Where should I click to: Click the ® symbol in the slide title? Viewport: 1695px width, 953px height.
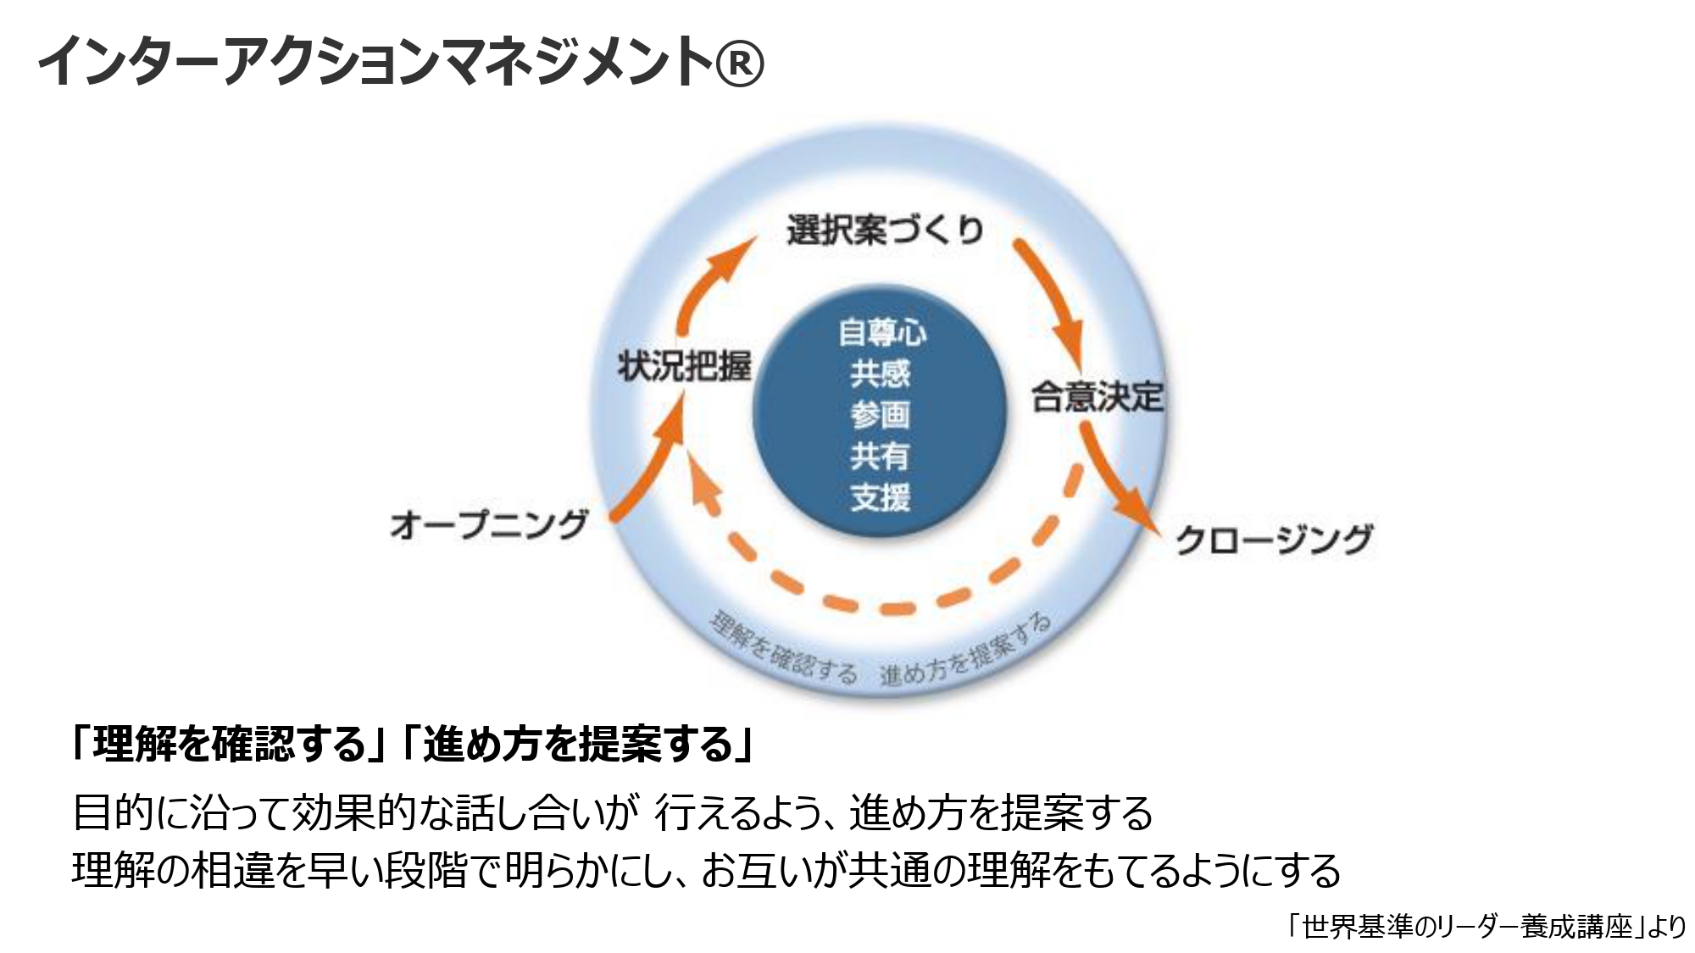739,63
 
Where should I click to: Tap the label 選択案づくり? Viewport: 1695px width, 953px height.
885,230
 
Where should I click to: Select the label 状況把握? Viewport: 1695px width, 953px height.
684,366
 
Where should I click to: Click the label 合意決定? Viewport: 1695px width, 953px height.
1097,396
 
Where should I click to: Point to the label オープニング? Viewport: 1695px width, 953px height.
489,524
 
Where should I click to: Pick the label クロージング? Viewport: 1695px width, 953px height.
1273,540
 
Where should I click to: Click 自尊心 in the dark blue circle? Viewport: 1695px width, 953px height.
881,332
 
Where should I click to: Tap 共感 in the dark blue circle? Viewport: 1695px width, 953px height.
881,374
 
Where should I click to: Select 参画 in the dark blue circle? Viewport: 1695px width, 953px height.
881,415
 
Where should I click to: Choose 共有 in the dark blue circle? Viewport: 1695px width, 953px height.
881,457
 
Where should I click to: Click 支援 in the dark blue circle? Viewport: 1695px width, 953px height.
881,497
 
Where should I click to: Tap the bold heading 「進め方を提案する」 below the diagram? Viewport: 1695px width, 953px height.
578,745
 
